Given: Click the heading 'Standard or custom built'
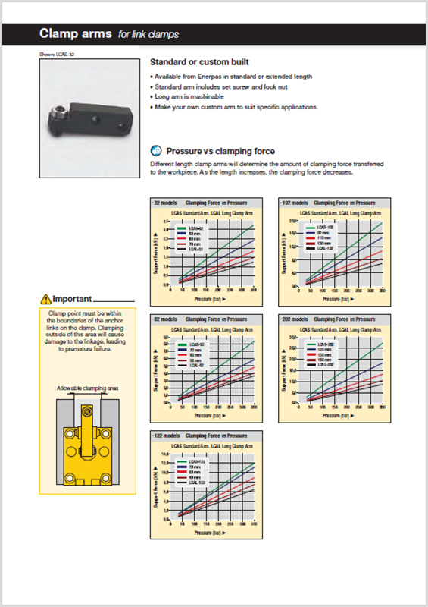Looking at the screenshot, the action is (x=199, y=61).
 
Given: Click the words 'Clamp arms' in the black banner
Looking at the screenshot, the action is (x=75, y=34).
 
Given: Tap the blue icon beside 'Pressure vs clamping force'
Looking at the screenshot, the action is (x=157, y=150).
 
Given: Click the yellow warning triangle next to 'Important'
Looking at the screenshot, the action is (x=47, y=299).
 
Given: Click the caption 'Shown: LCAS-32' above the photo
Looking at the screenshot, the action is (x=56, y=55).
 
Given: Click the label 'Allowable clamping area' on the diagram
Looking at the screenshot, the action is (x=87, y=388).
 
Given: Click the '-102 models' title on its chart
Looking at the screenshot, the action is (x=294, y=203).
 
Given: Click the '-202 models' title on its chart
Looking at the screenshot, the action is (x=294, y=319).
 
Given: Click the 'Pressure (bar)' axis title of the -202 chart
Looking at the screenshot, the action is (x=328, y=416).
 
